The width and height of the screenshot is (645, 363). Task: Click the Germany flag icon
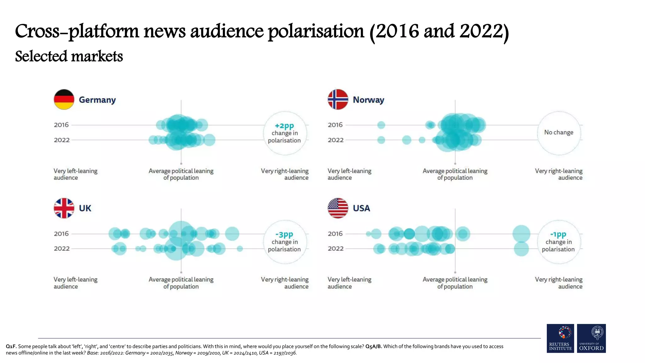pyautogui.click(x=64, y=100)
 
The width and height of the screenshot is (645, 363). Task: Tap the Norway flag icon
pyautogui.click(x=338, y=100)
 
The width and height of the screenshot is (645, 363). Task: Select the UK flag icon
pyautogui.click(x=64, y=208)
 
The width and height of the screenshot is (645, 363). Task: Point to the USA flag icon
pyautogui.click(x=338, y=208)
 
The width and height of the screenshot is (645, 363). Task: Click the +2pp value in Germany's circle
pyautogui.click(x=284, y=126)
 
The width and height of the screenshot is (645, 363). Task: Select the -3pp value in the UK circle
pyautogui.click(x=284, y=234)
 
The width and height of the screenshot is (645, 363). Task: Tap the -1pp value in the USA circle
pyautogui.click(x=558, y=234)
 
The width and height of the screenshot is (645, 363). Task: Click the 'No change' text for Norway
pyautogui.click(x=559, y=132)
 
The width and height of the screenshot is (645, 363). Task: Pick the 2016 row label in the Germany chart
pyautogui.click(x=61, y=125)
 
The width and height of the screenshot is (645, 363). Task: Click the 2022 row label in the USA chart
pyautogui.click(x=335, y=249)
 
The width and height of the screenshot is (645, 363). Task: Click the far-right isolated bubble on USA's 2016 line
pyautogui.click(x=521, y=234)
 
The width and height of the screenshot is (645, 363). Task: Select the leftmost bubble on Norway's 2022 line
pyautogui.click(x=381, y=140)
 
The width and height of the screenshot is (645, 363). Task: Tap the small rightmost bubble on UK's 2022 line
pyautogui.click(x=240, y=249)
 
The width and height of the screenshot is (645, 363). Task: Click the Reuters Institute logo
pyautogui.click(x=560, y=338)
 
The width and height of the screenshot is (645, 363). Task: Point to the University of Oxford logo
pyautogui.click(x=591, y=338)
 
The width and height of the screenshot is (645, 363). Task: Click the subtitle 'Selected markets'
pyautogui.click(x=69, y=57)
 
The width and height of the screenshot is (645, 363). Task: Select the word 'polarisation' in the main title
pyautogui.click(x=316, y=32)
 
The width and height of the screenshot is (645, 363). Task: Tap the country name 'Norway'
pyautogui.click(x=368, y=100)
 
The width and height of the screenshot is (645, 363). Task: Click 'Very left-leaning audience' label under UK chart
pyautogui.click(x=75, y=283)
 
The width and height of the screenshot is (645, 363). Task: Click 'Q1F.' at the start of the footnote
pyautogui.click(x=11, y=346)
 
